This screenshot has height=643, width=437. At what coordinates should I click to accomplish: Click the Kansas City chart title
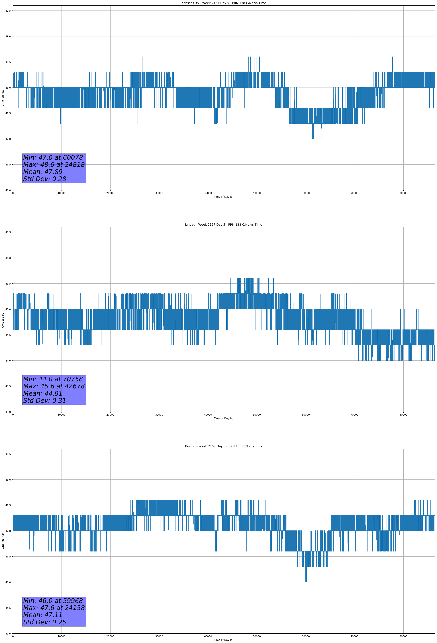point(223,3)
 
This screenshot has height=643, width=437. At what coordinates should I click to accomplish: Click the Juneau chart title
point(223,225)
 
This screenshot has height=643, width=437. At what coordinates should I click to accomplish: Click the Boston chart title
point(223,446)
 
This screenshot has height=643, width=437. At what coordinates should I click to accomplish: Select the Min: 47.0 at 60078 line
point(53,157)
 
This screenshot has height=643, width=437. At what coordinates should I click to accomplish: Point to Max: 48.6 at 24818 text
point(54,165)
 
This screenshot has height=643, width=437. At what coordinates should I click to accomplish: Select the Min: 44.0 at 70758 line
point(53,379)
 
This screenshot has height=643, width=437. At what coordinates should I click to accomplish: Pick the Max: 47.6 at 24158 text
point(54,608)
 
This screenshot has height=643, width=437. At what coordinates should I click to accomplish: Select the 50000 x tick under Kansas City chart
point(257,193)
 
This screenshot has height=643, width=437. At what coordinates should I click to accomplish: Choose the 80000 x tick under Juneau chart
point(403,415)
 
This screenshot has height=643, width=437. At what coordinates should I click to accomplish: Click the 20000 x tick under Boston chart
point(110,636)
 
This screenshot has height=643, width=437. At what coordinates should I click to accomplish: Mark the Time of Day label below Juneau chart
point(223,418)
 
